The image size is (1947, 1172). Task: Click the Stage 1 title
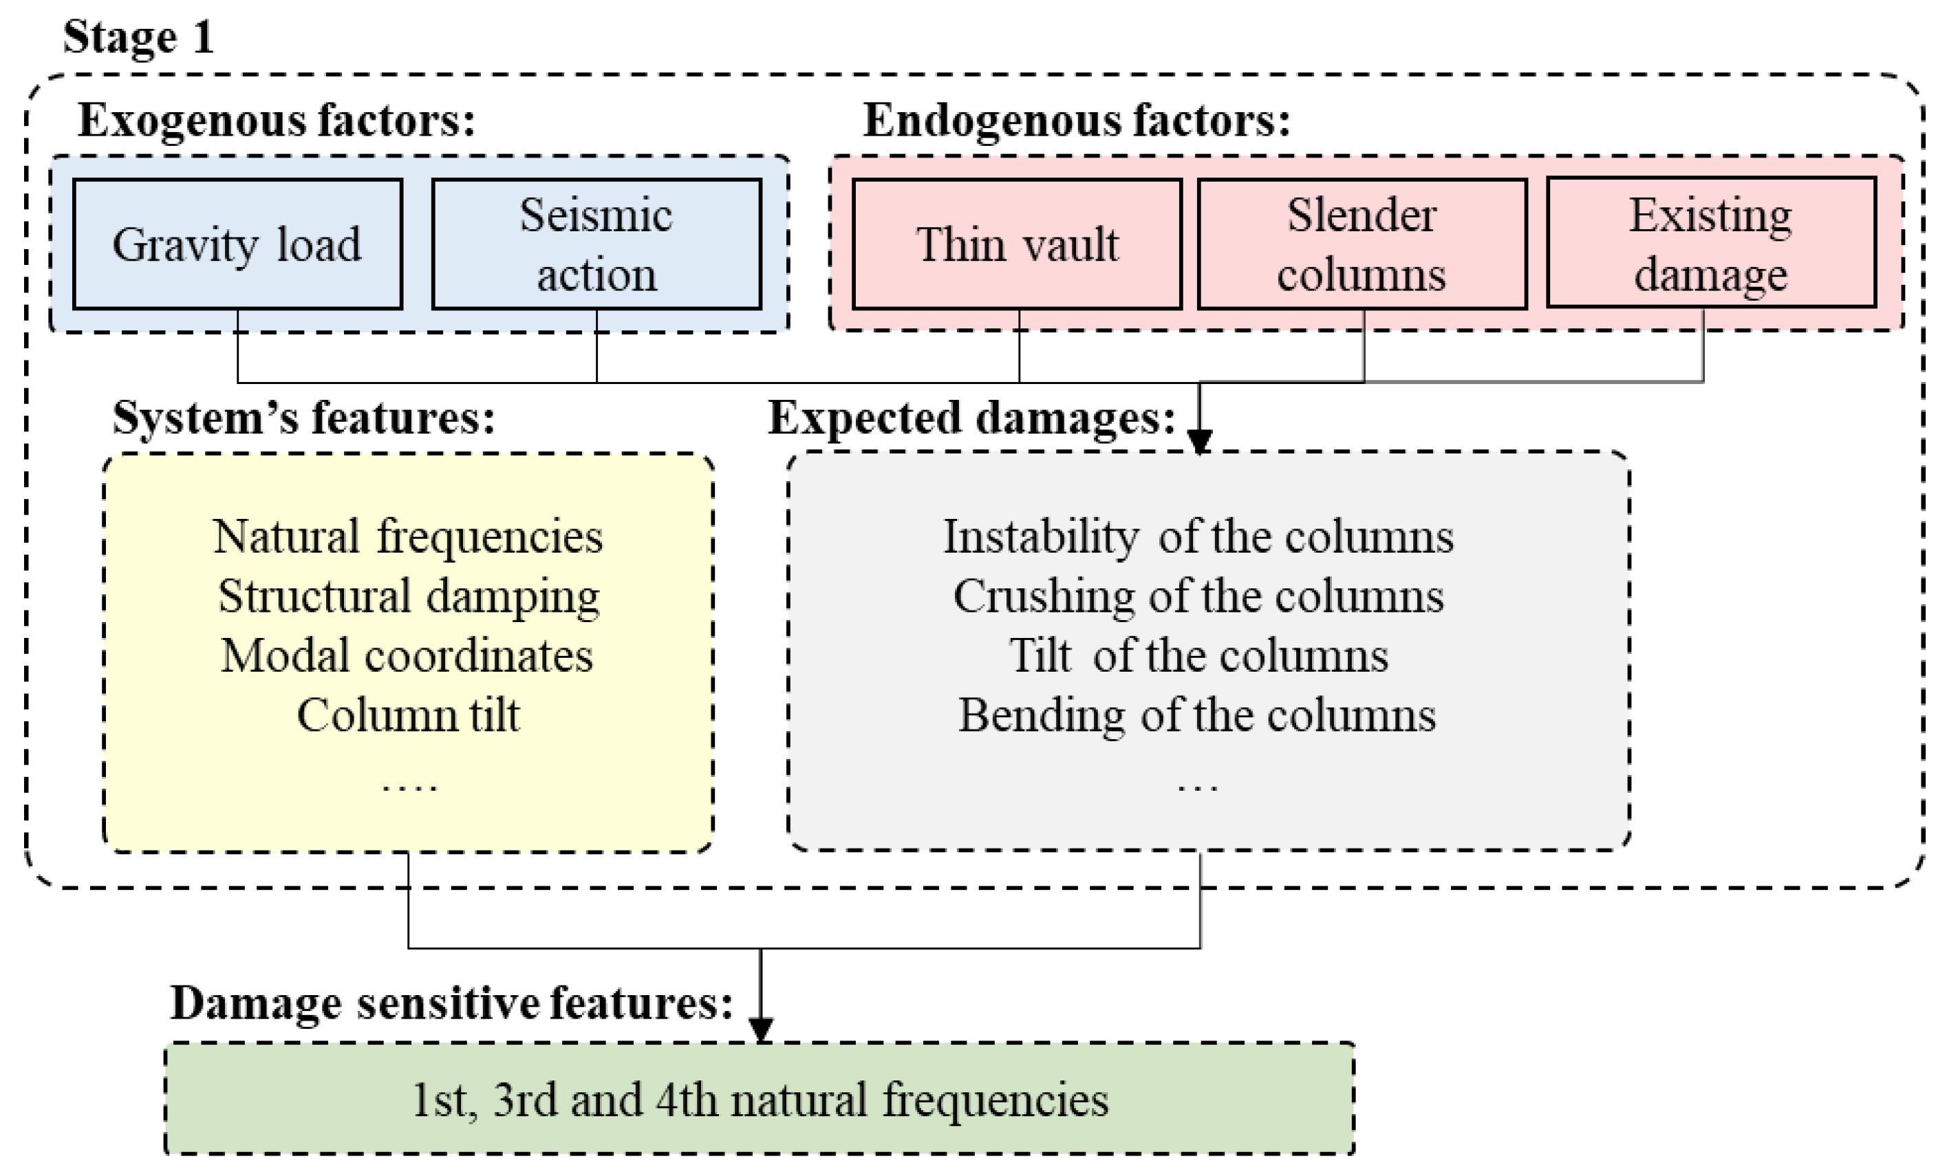(x=138, y=37)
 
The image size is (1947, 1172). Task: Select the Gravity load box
(x=237, y=244)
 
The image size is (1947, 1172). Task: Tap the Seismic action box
(x=596, y=244)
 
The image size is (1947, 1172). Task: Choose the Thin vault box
(x=1017, y=244)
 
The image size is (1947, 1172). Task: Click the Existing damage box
(x=1710, y=244)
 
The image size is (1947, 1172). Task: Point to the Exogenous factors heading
(x=277, y=121)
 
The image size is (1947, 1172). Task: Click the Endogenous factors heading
(x=1076, y=121)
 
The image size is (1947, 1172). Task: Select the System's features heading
(x=304, y=417)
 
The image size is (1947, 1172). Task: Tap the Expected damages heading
(x=972, y=417)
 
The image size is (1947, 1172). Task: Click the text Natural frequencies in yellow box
(x=407, y=537)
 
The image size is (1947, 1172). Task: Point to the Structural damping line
(x=408, y=596)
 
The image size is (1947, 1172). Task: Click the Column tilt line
(x=408, y=716)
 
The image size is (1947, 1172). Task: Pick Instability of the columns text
(x=1198, y=537)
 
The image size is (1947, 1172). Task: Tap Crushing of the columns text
(x=1198, y=596)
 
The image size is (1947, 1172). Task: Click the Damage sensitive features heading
(x=451, y=1003)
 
